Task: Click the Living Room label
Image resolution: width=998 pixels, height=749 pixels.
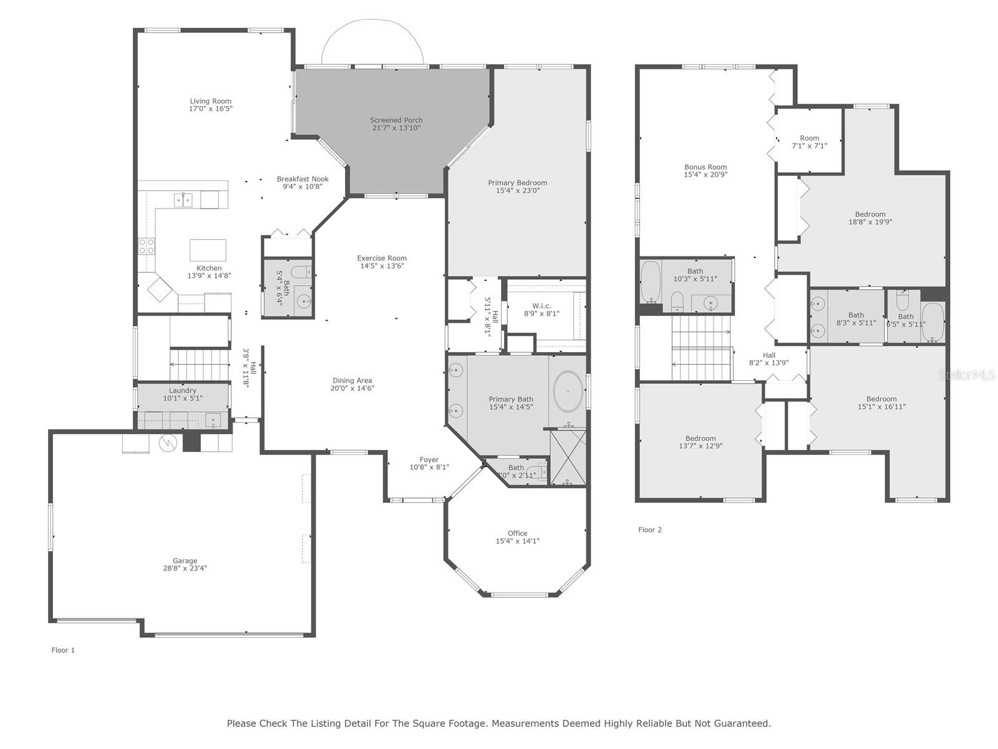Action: click(x=210, y=101)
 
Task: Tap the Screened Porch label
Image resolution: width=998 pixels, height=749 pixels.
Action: click(x=396, y=120)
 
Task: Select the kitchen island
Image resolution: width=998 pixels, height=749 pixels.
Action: click(x=208, y=250)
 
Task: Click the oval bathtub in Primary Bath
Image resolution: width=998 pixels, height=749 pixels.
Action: click(x=568, y=391)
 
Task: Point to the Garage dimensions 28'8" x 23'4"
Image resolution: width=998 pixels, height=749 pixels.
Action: click(x=185, y=568)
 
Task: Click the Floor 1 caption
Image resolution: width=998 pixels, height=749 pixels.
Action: click(x=63, y=650)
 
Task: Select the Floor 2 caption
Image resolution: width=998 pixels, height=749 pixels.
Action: click(x=650, y=530)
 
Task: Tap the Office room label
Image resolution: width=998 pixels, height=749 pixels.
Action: click(x=518, y=534)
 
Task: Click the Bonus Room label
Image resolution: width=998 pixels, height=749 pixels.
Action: click(x=705, y=167)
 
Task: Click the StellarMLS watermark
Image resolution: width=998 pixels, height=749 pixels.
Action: click(x=967, y=374)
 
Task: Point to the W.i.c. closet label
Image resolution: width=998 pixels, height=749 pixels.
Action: click(x=541, y=306)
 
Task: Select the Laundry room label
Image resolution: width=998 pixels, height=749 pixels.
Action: click(x=183, y=391)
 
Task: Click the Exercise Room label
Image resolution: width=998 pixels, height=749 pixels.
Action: click(x=382, y=258)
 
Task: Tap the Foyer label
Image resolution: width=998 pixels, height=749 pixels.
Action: click(x=429, y=460)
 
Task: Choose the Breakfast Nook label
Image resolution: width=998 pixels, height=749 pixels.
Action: click(x=303, y=179)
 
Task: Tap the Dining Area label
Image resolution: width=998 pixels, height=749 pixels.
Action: click(x=352, y=381)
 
